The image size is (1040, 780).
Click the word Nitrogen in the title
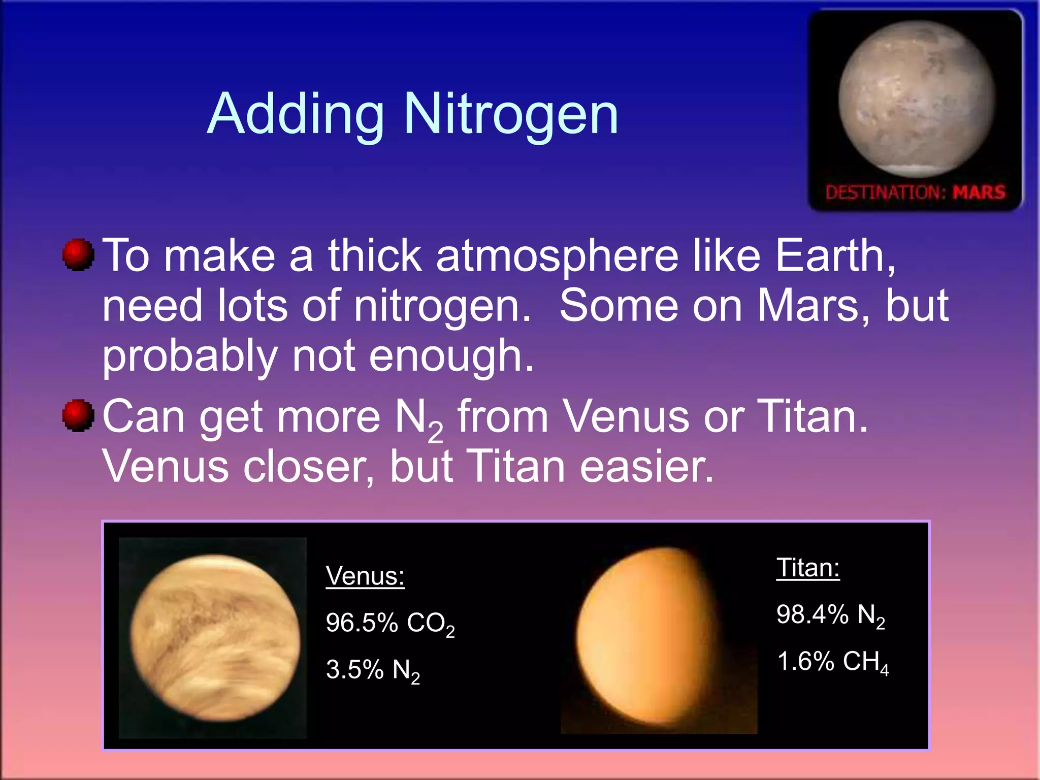(x=510, y=115)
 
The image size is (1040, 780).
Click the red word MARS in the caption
(x=979, y=192)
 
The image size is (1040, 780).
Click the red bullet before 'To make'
(x=78, y=254)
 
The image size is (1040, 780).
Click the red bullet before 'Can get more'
(x=78, y=415)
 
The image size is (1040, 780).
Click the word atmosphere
(x=557, y=256)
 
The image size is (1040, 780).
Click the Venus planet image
(x=214, y=638)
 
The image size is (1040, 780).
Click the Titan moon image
(x=655, y=638)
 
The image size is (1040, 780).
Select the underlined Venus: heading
(x=365, y=576)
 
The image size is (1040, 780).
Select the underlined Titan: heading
(x=808, y=568)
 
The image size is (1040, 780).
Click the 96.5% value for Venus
(x=362, y=623)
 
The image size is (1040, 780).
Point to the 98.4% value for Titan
(x=812, y=614)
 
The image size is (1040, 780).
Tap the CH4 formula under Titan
(x=865, y=662)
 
